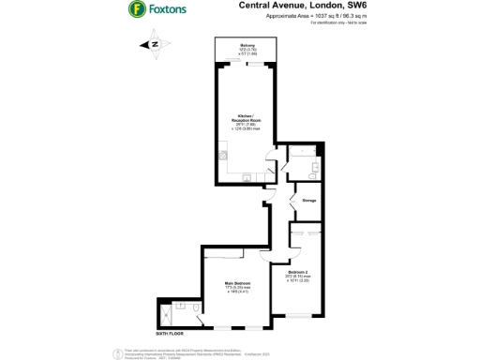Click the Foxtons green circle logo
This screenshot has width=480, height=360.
click(x=137, y=9)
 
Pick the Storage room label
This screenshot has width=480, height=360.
click(x=308, y=199)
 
